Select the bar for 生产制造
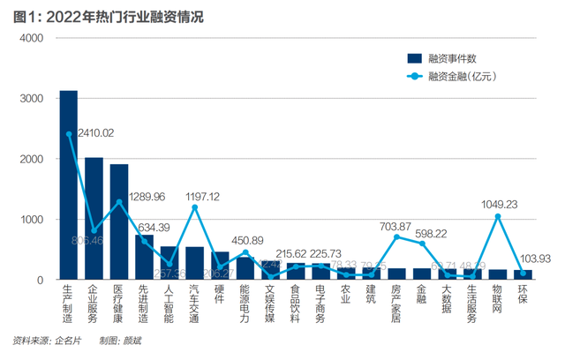click(68, 185)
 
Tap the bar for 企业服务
click(94, 219)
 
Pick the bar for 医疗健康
click(119, 222)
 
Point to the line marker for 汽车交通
click(194, 207)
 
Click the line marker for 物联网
click(498, 216)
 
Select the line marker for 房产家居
click(396, 236)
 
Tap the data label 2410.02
click(94, 133)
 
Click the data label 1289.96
click(147, 196)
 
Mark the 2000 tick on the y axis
click(31, 160)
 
